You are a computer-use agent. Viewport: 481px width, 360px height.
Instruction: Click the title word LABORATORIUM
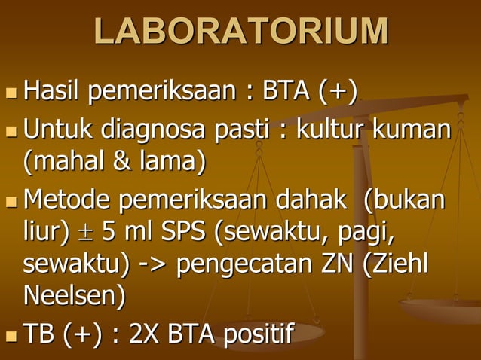pyautogui.click(x=241, y=32)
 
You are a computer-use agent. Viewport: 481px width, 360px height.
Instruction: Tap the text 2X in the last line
pyautogui.click(x=142, y=334)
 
